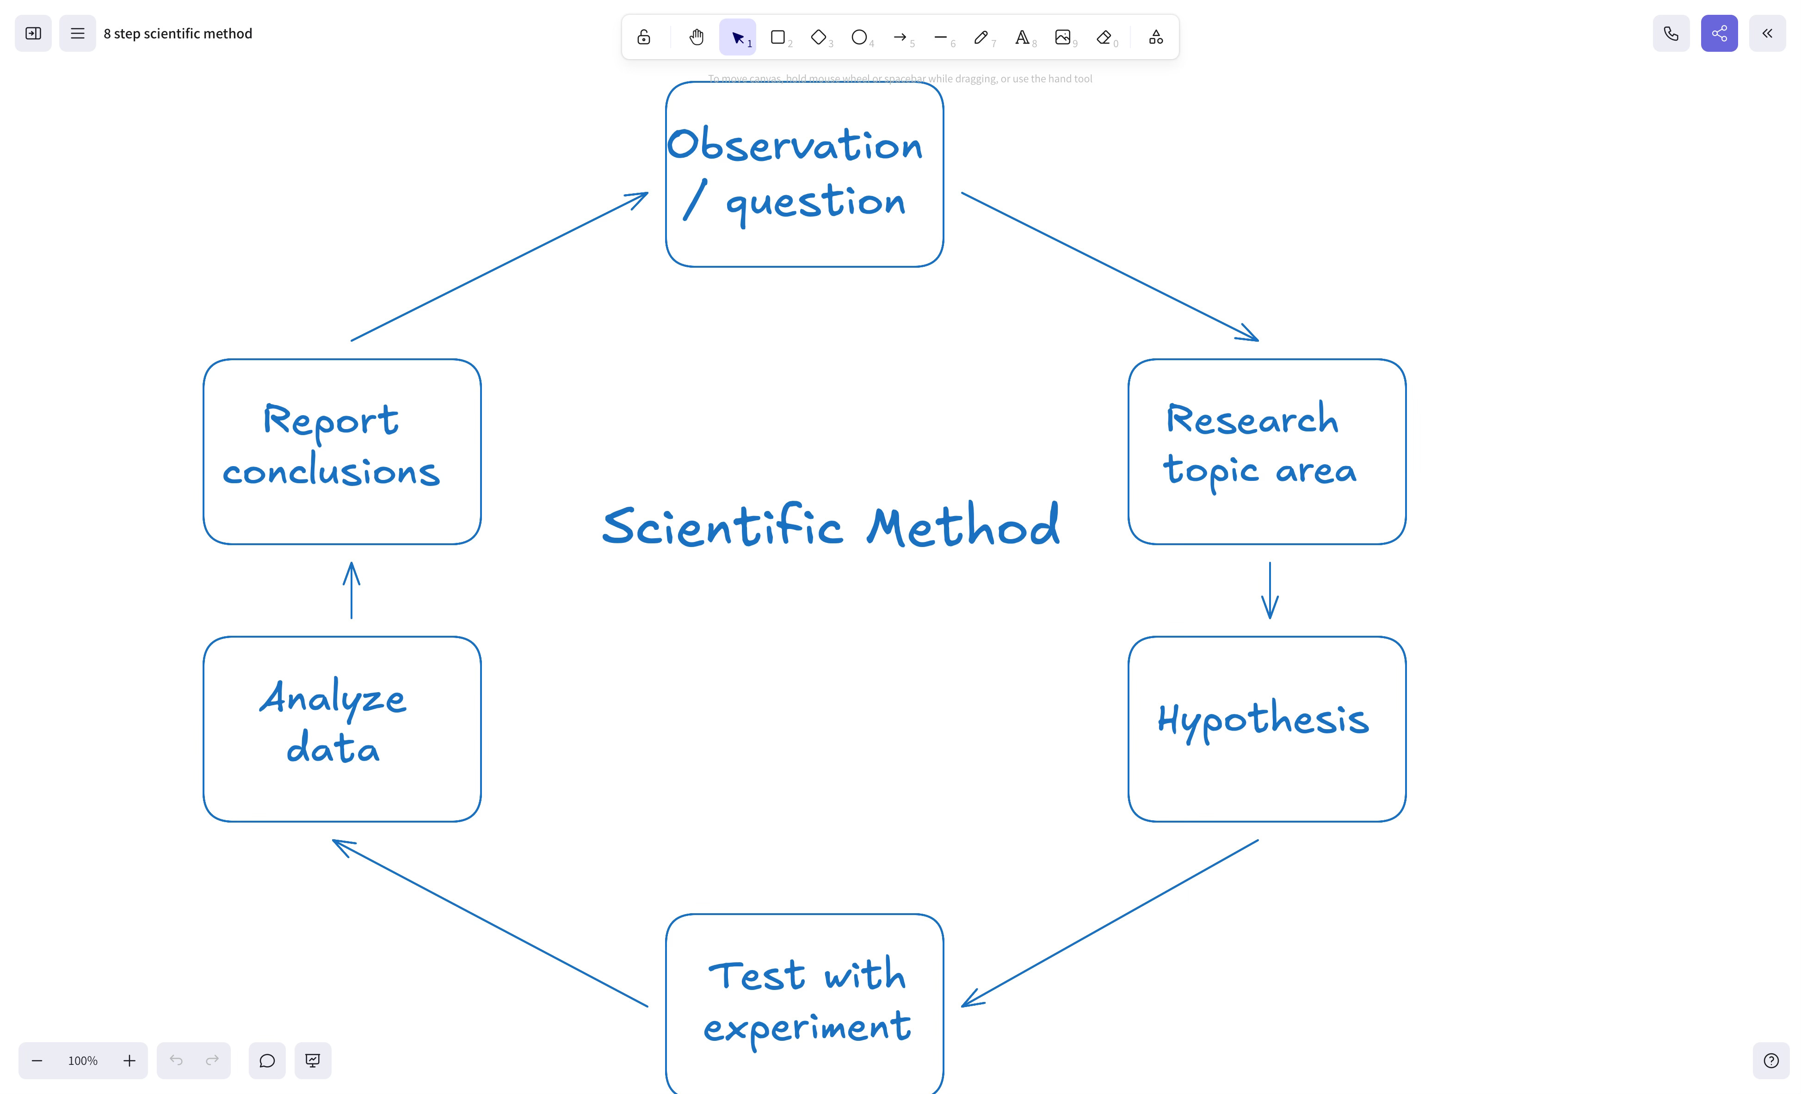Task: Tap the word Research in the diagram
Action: tap(1252, 419)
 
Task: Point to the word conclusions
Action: tap(331, 471)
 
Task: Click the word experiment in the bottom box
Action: tap(807, 1027)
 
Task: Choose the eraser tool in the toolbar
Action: tap(1104, 37)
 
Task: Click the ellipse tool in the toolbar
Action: tap(859, 37)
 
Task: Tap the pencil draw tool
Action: tap(981, 37)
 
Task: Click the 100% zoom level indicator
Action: tap(83, 1060)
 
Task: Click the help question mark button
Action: tap(1771, 1060)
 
